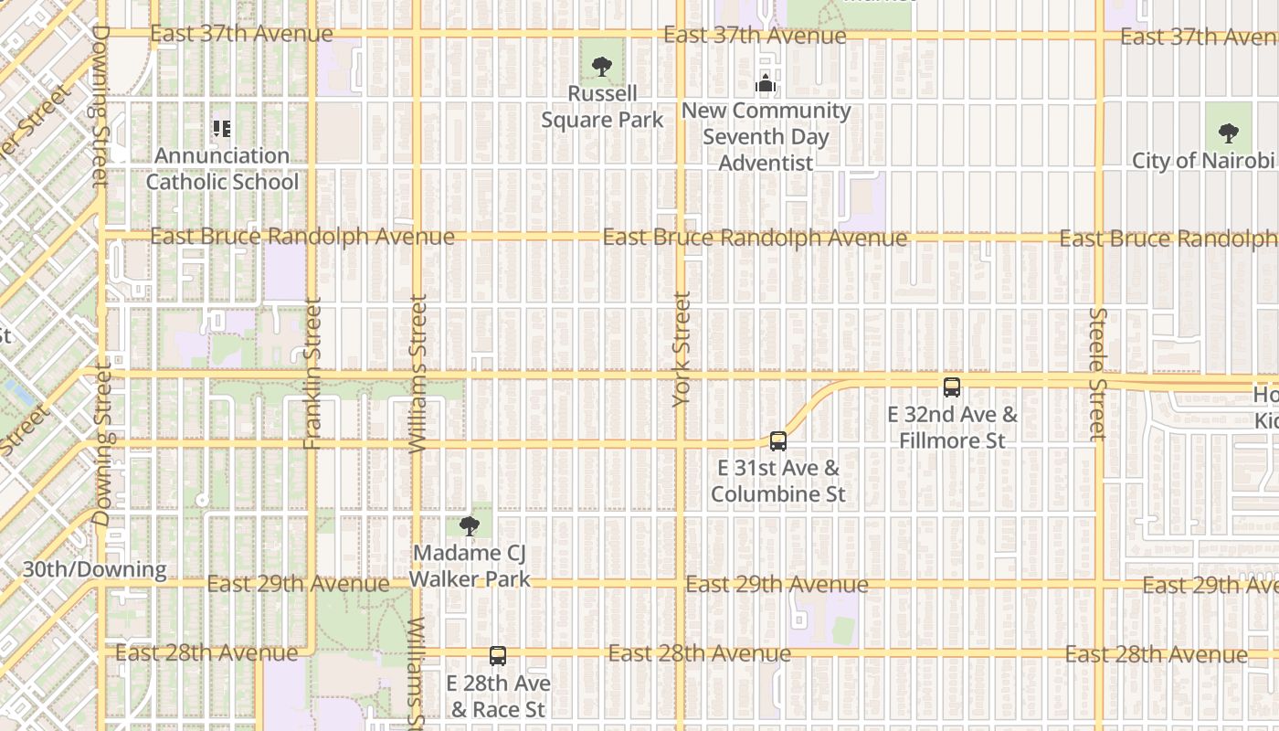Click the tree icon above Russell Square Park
click(x=601, y=66)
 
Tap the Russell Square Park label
click(x=602, y=107)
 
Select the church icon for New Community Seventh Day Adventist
click(x=766, y=84)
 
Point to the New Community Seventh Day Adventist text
click(x=766, y=137)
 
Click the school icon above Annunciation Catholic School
click(x=222, y=129)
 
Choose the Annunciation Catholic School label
click(x=222, y=169)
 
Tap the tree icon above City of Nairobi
click(x=1229, y=133)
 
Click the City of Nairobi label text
click(x=1202, y=161)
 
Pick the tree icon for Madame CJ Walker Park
click(x=470, y=525)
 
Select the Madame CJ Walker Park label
click(x=470, y=566)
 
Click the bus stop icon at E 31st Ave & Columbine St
click(x=778, y=441)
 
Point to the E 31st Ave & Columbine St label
click(x=778, y=482)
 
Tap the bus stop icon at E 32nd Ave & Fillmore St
click(x=952, y=387)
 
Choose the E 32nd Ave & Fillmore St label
click(x=952, y=428)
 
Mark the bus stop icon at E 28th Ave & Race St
click(x=498, y=656)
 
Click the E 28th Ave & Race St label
click(x=498, y=696)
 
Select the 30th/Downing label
click(x=95, y=569)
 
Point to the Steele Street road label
click(x=1097, y=374)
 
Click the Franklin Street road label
click(x=312, y=374)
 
